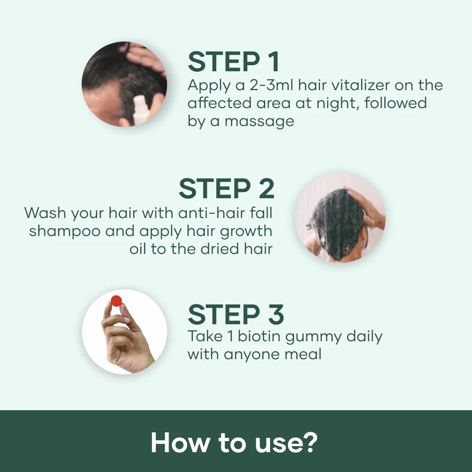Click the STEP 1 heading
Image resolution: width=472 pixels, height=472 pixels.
coord(234,62)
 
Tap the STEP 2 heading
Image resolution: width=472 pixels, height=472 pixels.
coord(226,189)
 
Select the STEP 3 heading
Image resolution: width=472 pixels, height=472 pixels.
coord(236,314)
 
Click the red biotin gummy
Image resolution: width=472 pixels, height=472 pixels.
coord(116,300)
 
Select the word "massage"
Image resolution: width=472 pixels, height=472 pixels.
coord(259,121)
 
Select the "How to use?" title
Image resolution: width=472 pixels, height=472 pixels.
coord(234,442)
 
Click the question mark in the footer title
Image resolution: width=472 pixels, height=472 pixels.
coord(310,442)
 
